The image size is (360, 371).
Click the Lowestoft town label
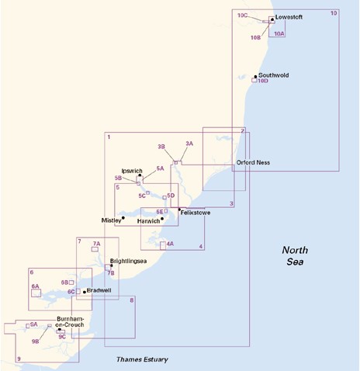click(x=289, y=17)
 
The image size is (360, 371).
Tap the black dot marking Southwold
click(x=255, y=77)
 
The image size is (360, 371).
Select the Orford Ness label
click(x=253, y=162)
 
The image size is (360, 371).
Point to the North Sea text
click(x=295, y=255)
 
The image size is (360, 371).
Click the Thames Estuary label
click(x=142, y=359)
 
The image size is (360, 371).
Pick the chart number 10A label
click(x=279, y=33)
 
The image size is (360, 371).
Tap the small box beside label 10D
click(x=254, y=80)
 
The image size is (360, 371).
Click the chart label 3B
click(x=161, y=147)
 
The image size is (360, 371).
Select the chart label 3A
click(x=189, y=144)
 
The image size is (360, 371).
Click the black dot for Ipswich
click(x=140, y=175)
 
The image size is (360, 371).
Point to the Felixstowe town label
click(x=196, y=213)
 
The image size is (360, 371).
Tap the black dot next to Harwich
click(x=162, y=219)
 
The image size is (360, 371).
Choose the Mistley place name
click(x=111, y=220)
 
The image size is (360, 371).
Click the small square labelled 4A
click(x=163, y=245)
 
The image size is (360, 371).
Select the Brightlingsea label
click(x=128, y=261)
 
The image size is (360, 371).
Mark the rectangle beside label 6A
click(x=36, y=293)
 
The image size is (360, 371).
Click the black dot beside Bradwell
click(x=85, y=292)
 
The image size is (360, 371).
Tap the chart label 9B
click(x=36, y=342)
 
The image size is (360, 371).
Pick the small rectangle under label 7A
click(x=95, y=249)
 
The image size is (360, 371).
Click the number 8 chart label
click(x=132, y=300)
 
